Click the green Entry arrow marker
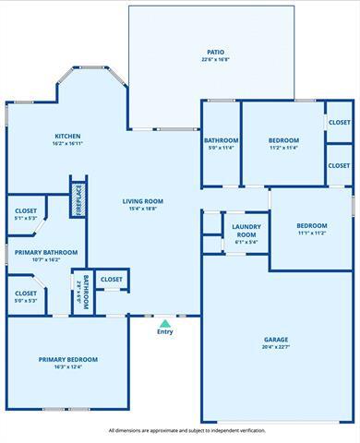pos(165,323)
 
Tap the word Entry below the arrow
pos(165,332)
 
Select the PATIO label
pos(215,52)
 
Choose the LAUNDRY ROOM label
pos(246,230)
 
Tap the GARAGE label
pos(276,340)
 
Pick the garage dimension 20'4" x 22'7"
pos(276,348)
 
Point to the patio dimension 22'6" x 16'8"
pos(215,60)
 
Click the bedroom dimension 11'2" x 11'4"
pos(283,147)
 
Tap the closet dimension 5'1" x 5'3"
pos(25,219)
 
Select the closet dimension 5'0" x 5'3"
pos(25,300)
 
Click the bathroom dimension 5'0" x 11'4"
pos(222,148)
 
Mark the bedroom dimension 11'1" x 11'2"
pos(311,233)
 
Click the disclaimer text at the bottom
pos(186,430)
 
